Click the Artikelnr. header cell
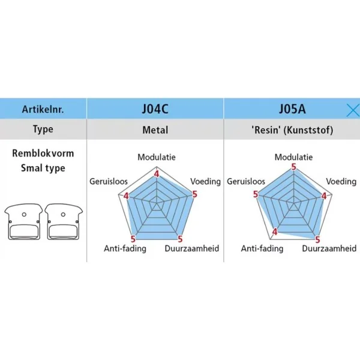(43, 110)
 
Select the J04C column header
(155, 109)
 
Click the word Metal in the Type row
(155, 130)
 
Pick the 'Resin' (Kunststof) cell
(292, 130)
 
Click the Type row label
(43, 130)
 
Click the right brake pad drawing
(63, 222)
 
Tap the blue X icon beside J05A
(353, 109)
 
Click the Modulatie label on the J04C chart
(157, 157)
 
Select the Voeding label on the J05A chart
(341, 181)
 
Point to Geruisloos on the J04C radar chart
(107, 181)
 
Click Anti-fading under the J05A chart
(262, 248)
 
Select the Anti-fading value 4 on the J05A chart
(275, 232)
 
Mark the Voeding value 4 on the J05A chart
(325, 196)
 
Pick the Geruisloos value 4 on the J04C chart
(126, 196)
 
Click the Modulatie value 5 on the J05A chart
(293, 168)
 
